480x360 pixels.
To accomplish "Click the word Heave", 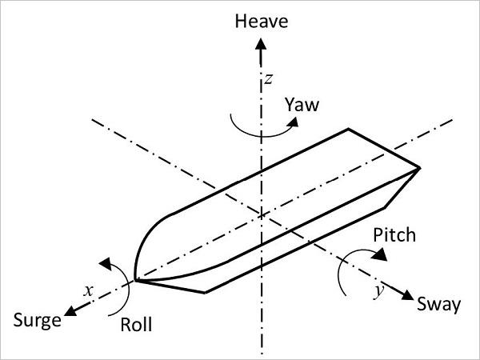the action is point(262,22).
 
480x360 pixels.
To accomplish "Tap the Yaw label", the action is point(302,105).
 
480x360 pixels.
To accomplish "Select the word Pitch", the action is point(394,235).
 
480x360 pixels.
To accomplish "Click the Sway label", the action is point(439,305).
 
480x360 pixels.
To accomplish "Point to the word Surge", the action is point(37,321).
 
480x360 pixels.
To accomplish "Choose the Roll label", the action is point(136,325).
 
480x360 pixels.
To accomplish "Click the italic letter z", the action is point(269,79).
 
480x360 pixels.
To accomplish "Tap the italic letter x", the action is point(89,290).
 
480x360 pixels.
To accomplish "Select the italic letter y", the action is point(379,290).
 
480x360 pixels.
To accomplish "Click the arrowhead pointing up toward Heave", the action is point(261,44).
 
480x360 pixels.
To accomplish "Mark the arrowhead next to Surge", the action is point(70,311).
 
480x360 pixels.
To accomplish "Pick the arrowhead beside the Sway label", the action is point(407,295).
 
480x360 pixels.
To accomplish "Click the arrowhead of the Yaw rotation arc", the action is point(294,122).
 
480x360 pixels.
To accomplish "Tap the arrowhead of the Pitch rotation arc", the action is point(379,254).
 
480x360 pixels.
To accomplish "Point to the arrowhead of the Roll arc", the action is point(106,263).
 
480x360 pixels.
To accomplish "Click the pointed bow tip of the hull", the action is point(135,280).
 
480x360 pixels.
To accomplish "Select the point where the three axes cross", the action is point(261,215).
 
